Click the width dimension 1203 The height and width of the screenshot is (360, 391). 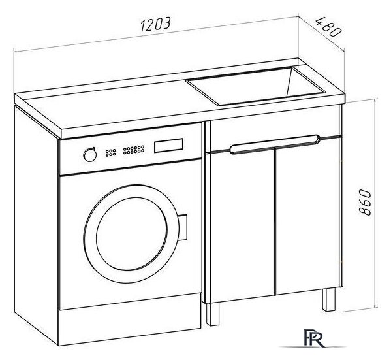[x=155, y=24]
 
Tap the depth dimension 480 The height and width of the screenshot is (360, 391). [x=328, y=27]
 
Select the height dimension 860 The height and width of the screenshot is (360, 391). [x=366, y=203]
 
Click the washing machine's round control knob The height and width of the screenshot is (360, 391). [x=90, y=155]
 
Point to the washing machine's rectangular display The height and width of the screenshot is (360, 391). [x=168, y=145]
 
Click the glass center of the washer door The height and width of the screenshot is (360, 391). [x=132, y=234]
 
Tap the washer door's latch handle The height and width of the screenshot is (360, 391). [x=183, y=227]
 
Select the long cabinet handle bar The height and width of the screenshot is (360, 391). [x=275, y=144]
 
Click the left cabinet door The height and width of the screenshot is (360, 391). [x=242, y=225]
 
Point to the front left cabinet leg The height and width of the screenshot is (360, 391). [x=213, y=314]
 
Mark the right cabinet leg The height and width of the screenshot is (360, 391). [x=328, y=300]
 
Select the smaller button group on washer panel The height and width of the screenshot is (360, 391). [x=110, y=152]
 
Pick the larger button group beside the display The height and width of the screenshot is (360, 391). [x=134, y=150]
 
